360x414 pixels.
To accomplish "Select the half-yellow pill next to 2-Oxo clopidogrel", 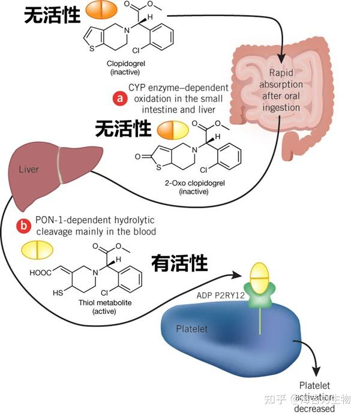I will coord(173,130).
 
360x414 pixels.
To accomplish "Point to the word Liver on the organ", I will coord(29,169).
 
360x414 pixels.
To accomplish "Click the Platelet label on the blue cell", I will coord(193,329).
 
